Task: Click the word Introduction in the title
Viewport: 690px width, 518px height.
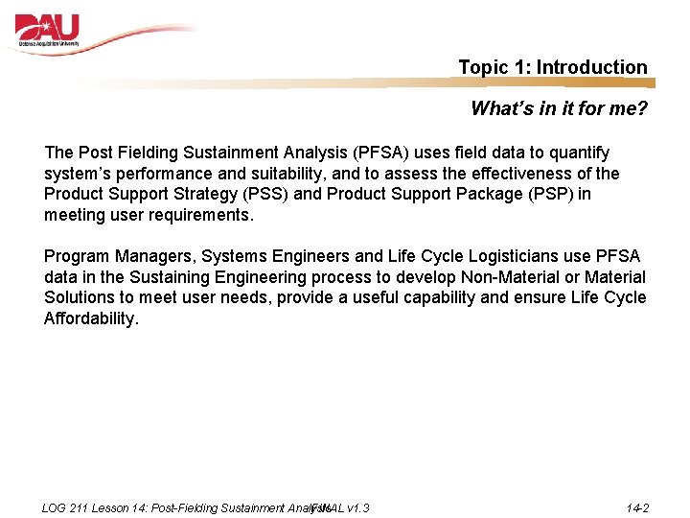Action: (591, 67)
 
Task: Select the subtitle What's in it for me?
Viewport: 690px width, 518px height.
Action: (559, 108)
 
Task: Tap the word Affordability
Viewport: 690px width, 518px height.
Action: (91, 318)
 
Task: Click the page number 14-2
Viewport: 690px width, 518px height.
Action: (637, 507)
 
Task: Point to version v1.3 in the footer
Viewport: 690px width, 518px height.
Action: (359, 507)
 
